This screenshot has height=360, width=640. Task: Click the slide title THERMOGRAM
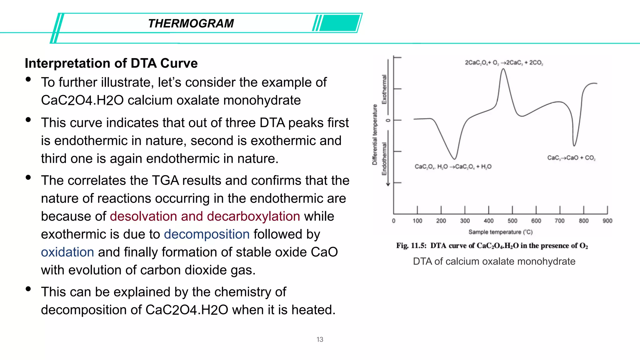tap(191, 23)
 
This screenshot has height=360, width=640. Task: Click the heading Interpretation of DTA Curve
tap(111, 63)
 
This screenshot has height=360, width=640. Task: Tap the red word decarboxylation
tap(253, 216)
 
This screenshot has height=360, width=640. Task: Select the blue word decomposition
tap(207, 234)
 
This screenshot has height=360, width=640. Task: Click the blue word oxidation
tap(67, 252)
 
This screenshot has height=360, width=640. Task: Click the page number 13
tap(320, 339)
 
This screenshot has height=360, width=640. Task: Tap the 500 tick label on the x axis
tap(512, 221)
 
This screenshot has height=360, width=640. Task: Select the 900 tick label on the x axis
tap(607, 221)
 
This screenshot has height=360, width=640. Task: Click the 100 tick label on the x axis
tap(417, 221)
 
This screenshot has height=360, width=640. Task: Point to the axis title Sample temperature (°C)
tap(500, 232)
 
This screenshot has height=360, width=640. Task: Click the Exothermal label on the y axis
tap(384, 89)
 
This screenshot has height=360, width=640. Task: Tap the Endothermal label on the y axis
tap(384, 159)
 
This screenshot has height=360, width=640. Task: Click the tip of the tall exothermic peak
tap(503, 69)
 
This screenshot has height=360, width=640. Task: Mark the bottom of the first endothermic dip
tap(455, 159)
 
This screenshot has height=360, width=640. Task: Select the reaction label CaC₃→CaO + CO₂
tap(571, 158)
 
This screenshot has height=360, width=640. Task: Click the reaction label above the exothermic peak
tap(504, 62)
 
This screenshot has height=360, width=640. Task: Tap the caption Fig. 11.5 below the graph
tap(492, 246)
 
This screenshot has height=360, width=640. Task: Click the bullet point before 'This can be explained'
tap(28, 289)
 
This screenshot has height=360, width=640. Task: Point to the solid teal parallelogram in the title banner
tap(340, 23)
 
